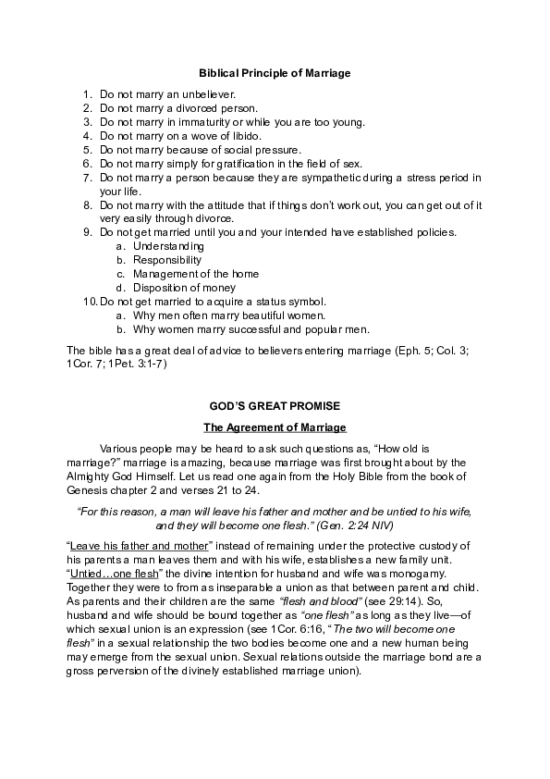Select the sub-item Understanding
pyautogui.click(x=168, y=247)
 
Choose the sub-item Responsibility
pyautogui.click(x=168, y=261)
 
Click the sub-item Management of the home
pyautogui.click(x=196, y=275)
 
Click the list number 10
pyautogui.click(x=90, y=303)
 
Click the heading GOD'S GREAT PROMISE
pyautogui.click(x=275, y=406)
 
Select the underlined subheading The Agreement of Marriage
pyautogui.click(x=275, y=427)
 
